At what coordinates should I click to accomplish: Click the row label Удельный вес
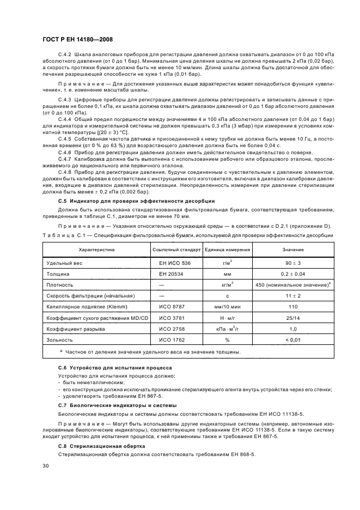(x=65, y=263)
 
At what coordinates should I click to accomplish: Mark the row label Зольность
(x=61, y=339)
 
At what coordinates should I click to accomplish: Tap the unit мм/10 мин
(x=227, y=307)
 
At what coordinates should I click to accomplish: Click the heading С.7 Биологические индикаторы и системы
(x=117, y=405)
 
